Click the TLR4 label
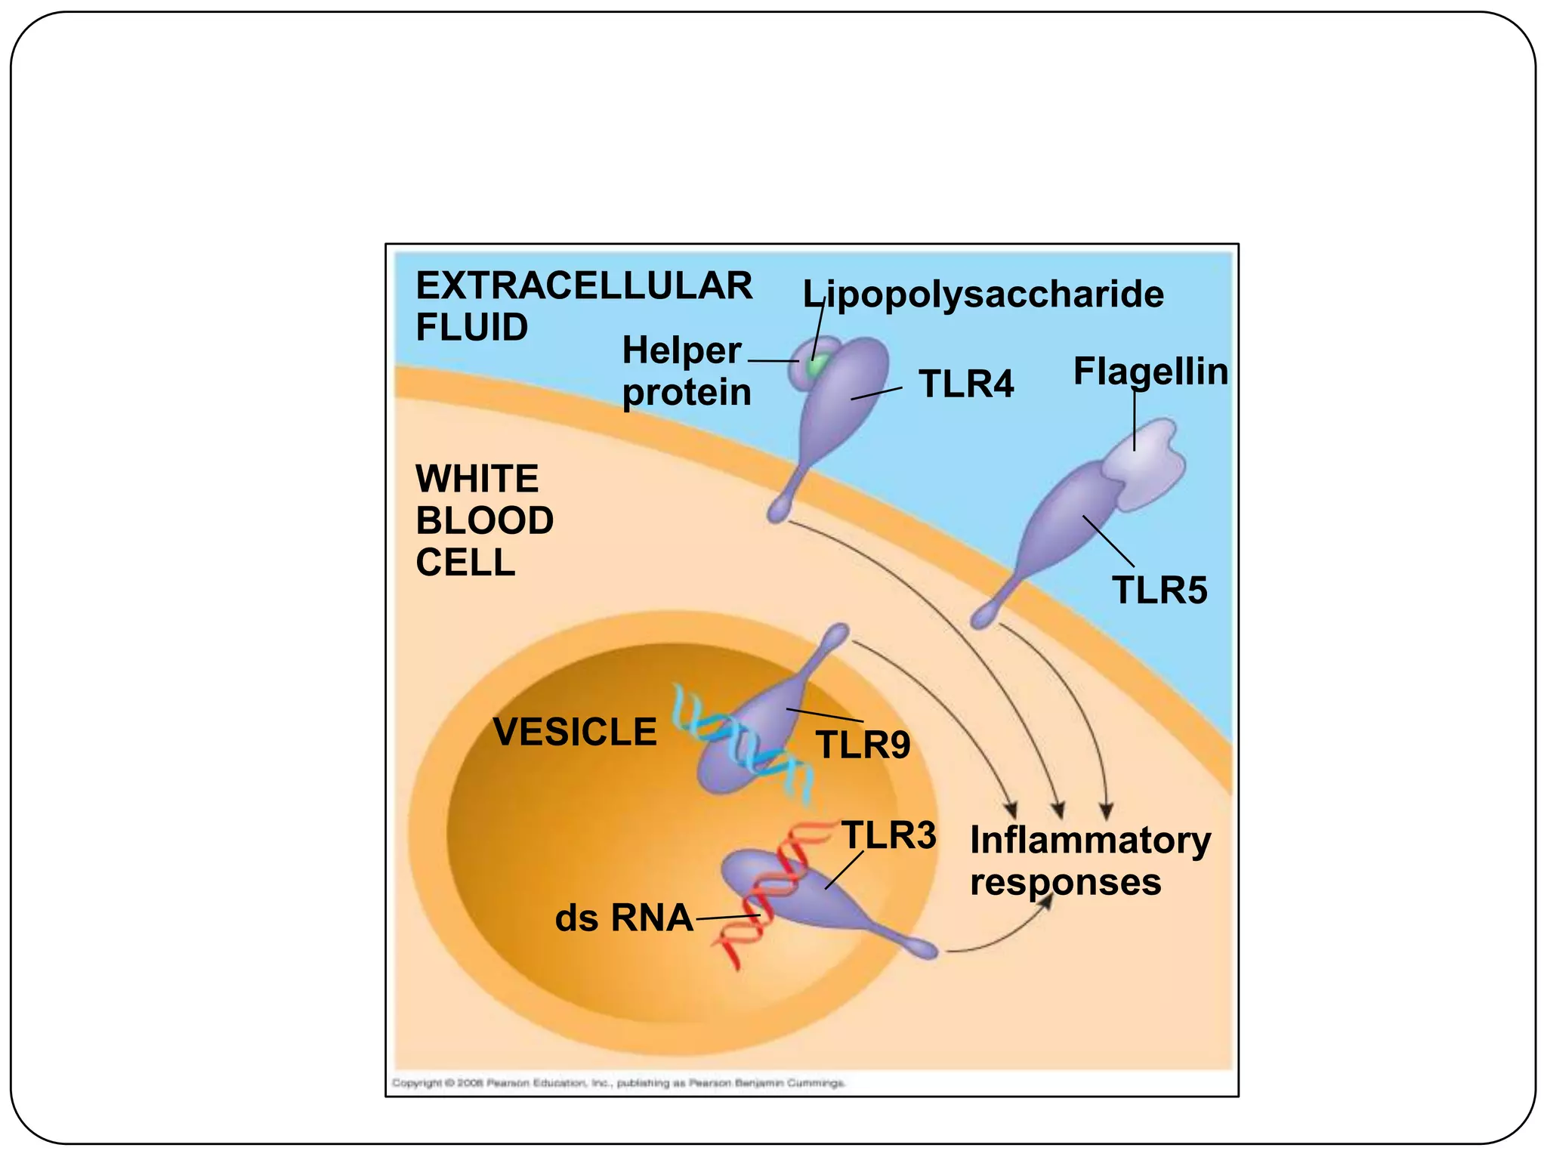965,384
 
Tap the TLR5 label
1159,590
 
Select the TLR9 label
863,745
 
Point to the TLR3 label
888,835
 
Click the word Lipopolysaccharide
983,294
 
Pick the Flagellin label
1150,372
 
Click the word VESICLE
574,732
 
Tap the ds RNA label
623,918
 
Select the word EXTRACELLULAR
584,286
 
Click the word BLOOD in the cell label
484,521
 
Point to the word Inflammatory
1090,840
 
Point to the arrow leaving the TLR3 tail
997,936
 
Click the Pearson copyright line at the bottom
618,1083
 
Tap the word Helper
681,350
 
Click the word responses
1065,882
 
